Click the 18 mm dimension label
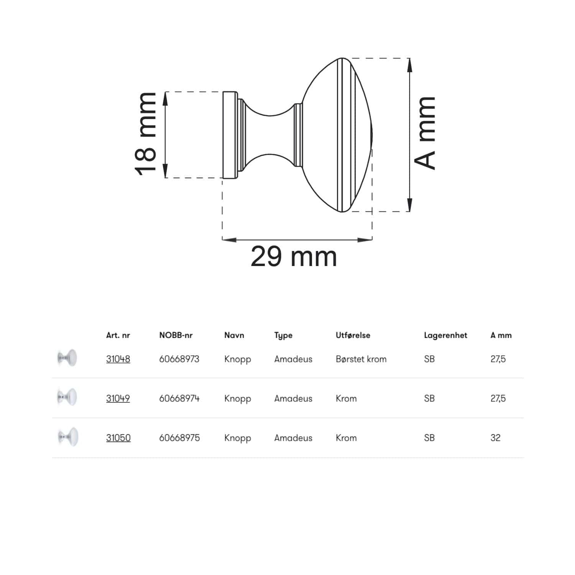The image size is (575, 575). pyautogui.click(x=146, y=134)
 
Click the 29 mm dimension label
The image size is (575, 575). pyautogui.click(x=294, y=257)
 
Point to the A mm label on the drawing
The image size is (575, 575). pyautogui.click(x=425, y=133)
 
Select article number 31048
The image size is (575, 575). pyautogui.click(x=118, y=359)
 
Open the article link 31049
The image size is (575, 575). pyautogui.click(x=118, y=399)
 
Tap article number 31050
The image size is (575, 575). pyautogui.click(x=118, y=438)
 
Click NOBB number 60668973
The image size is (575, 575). pyautogui.click(x=179, y=359)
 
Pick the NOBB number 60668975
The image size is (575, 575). pyautogui.click(x=179, y=438)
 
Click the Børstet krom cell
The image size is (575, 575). pyautogui.click(x=361, y=359)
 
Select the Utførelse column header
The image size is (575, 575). pyautogui.click(x=353, y=335)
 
